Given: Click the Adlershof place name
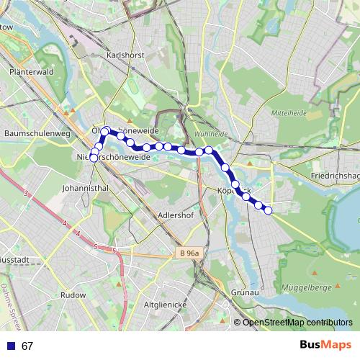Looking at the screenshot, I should pos(176,215).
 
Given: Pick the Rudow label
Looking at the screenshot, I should pos(73,294).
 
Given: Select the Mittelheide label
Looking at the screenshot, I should pos(287,113).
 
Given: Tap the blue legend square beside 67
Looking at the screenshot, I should pos(11,346).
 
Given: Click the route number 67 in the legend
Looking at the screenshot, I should pos(27,346).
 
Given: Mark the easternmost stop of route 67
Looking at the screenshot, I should pos(268,210).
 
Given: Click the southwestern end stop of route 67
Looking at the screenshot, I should pos(94,158).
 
